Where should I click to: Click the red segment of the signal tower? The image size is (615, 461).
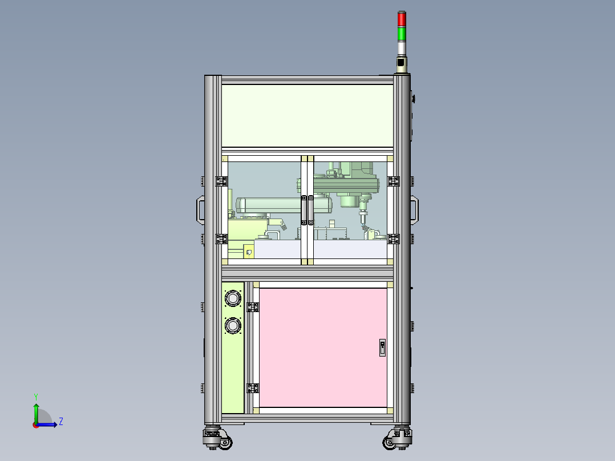click(x=402, y=19)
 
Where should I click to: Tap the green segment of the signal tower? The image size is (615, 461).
click(x=402, y=34)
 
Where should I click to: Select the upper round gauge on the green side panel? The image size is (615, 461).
click(x=233, y=298)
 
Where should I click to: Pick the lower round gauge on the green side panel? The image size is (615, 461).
click(x=233, y=325)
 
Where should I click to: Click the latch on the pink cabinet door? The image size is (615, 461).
click(x=382, y=347)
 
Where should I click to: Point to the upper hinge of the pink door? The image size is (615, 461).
click(x=253, y=307)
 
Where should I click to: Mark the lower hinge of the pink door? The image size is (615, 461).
click(x=253, y=388)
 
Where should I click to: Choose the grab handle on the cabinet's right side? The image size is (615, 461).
click(x=415, y=209)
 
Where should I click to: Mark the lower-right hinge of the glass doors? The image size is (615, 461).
click(x=393, y=238)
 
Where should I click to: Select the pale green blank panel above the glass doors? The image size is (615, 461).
click(x=307, y=116)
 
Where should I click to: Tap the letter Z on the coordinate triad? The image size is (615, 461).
click(x=60, y=422)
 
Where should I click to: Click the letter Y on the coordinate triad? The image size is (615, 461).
click(x=35, y=396)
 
